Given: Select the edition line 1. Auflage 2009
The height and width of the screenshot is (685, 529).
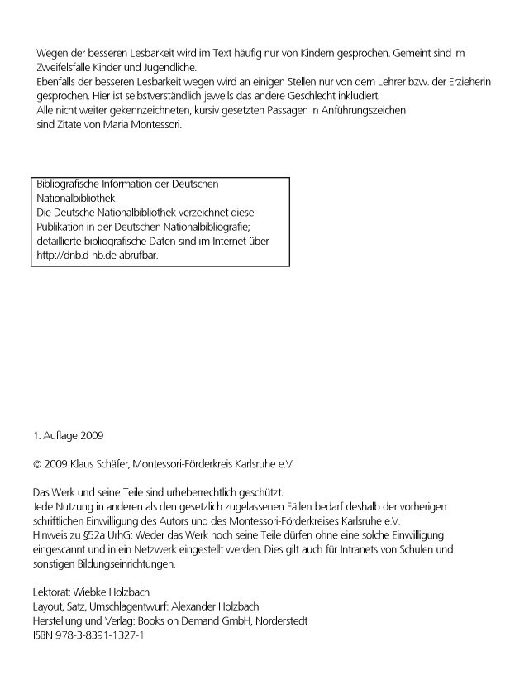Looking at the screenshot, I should point(68,434).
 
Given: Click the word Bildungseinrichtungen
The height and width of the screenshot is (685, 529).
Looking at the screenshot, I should point(127,563).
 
